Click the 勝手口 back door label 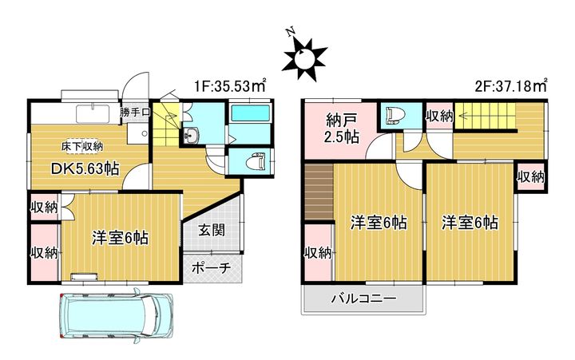pos(135,113)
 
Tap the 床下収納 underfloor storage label pos(82,147)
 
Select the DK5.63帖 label pos(85,169)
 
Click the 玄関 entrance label pos(212,231)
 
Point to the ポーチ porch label pos(211,268)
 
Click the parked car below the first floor pos(116,314)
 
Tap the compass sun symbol pos(304,58)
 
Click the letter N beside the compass pos(291,32)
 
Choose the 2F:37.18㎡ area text pos(511,86)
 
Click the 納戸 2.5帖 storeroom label pos(342,129)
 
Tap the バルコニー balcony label pos(364,299)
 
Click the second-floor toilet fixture pos(394,116)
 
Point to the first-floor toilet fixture pos(256,162)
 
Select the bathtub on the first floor pos(251,113)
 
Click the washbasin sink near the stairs pos(190,135)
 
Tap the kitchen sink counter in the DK pos(93,113)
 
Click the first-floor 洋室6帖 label pos(120,238)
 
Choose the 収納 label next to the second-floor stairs pos(439,117)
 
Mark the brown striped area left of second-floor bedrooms pos(319,193)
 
